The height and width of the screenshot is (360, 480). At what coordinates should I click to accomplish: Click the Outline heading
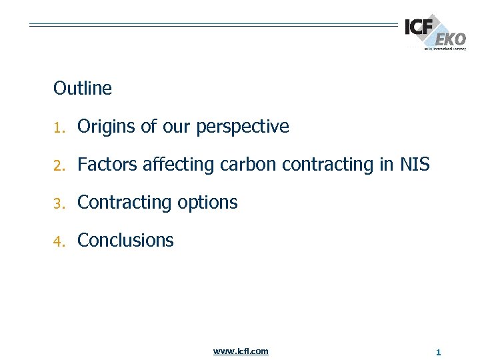(83, 88)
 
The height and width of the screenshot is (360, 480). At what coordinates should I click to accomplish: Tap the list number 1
(58, 127)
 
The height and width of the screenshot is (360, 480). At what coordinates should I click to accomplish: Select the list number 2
(58, 165)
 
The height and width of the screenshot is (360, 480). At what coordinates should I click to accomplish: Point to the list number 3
(58, 203)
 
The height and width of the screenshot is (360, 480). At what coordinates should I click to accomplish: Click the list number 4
(58, 241)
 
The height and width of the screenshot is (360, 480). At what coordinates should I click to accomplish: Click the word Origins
(107, 127)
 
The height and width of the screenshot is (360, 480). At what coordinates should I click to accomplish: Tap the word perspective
(243, 127)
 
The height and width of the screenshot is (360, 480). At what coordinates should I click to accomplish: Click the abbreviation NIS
(415, 165)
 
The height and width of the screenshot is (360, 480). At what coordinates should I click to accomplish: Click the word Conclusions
(125, 241)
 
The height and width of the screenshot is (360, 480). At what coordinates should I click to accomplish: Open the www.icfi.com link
(241, 351)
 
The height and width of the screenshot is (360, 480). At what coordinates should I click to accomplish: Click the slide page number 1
(438, 351)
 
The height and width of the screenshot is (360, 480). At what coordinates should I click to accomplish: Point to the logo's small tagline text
(445, 49)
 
